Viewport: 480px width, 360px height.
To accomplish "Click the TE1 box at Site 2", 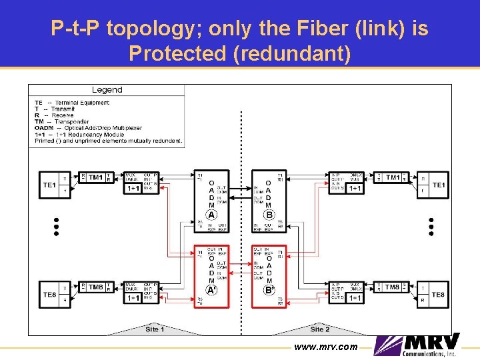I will [439, 185].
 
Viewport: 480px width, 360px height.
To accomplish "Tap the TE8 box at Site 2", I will [438, 294].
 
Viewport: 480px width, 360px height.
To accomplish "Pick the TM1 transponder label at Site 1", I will [95, 177].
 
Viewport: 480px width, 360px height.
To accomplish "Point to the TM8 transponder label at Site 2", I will [393, 287].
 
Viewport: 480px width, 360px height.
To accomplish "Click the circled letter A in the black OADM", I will [211, 215].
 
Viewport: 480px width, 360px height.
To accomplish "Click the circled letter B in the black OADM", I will [269, 215].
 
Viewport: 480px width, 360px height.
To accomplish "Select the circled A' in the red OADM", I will [211, 290].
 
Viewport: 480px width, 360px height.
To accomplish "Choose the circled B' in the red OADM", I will [269, 290].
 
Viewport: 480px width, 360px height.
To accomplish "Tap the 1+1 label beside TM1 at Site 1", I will [133, 189].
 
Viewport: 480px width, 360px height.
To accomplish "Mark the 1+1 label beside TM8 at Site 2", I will [355, 298].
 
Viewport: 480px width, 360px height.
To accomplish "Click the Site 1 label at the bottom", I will [155, 329].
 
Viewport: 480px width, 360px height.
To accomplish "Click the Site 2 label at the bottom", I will [320, 329].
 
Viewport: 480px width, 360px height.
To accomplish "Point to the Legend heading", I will [107, 90].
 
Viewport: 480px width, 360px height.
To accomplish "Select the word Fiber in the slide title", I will [294, 29].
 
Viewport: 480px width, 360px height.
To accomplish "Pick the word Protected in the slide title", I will [177, 53].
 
